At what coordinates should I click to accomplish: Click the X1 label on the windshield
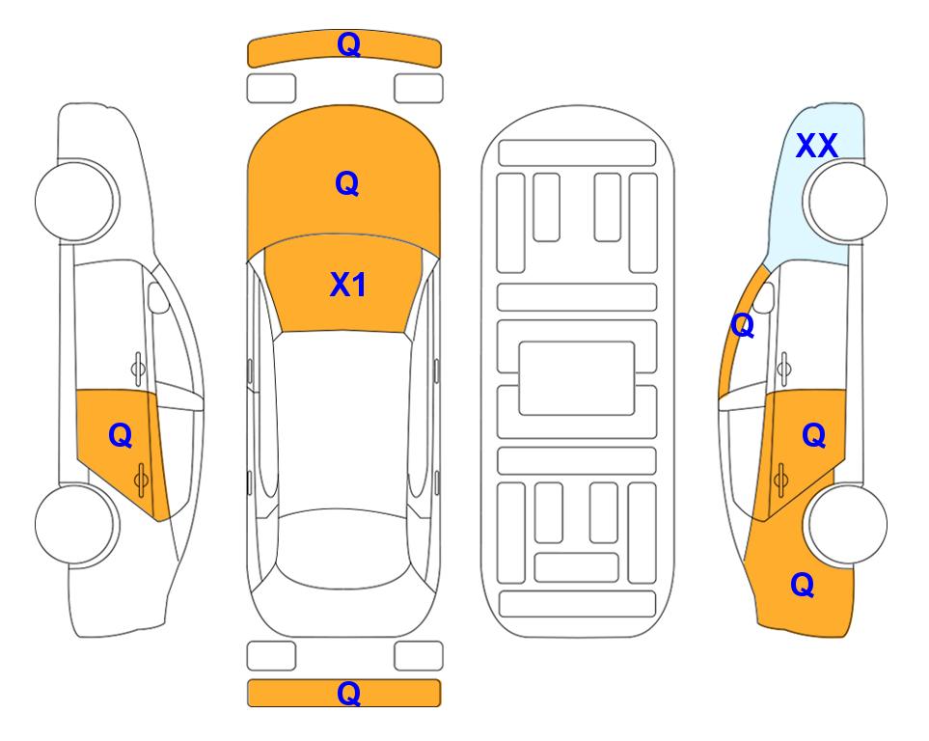tap(348, 285)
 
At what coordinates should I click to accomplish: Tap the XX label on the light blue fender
tap(816, 146)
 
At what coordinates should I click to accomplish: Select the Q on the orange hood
tap(347, 183)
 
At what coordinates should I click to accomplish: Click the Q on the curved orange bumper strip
tap(348, 44)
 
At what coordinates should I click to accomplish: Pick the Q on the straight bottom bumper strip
tap(348, 693)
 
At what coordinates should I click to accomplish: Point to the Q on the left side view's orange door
tap(121, 436)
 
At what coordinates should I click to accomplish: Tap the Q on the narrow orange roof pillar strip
tap(743, 325)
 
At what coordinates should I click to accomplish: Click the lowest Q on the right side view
tap(803, 585)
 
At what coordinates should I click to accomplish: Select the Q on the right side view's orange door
tap(814, 436)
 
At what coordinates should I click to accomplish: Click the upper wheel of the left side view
tap(75, 201)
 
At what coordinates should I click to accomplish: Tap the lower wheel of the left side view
tap(75, 524)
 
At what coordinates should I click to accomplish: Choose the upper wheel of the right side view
tap(847, 201)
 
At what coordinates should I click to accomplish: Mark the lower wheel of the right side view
tap(847, 524)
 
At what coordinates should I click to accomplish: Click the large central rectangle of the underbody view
tap(577, 378)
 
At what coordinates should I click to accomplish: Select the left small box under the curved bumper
tap(271, 89)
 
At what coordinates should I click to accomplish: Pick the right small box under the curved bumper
tap(419, 89)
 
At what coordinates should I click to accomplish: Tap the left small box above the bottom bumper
tap(271, 656)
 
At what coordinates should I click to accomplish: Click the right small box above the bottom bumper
tap(419, 656)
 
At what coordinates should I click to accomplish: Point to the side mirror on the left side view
tap(158, 297)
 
